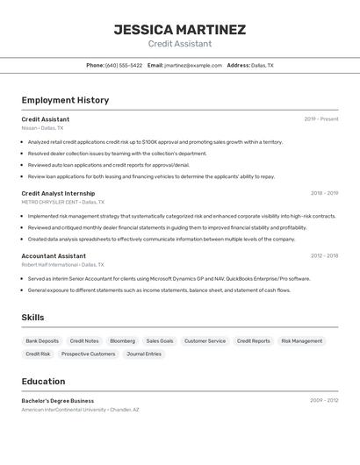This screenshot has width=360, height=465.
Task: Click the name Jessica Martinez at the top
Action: [x=179, y=30]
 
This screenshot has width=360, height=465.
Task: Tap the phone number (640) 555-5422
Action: [x=124, y=65]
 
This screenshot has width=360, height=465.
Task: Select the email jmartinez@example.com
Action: [x=192, y=65]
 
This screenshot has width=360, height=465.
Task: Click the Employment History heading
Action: [x=65, y=100]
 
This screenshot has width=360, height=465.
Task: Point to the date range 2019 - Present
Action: [x=320, y=118]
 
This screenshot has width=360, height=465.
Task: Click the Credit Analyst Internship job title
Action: [x=58, y=193]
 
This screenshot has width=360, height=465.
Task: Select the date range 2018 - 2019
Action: [x=324, y=193]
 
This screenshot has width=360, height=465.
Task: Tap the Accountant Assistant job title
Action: [x=54, y=256]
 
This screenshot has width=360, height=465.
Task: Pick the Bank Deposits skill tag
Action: [x=42, y=340]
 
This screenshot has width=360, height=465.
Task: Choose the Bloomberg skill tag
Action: [x=122, y=340]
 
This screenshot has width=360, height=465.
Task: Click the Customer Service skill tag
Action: [x=205, y=340]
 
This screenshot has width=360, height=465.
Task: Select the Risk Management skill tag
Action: [x=301, y=340]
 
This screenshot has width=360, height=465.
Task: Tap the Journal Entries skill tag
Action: [x=144, y=354]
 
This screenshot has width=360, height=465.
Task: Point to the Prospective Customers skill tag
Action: [x=88, y=354]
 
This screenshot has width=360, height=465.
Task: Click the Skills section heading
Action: [x=32, y=318]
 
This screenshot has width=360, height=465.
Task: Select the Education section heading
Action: [x=43, y=382]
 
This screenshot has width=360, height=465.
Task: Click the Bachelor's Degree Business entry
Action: [x=58, y=401]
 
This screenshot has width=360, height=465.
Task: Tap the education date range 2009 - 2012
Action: [x=324, y=400]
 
